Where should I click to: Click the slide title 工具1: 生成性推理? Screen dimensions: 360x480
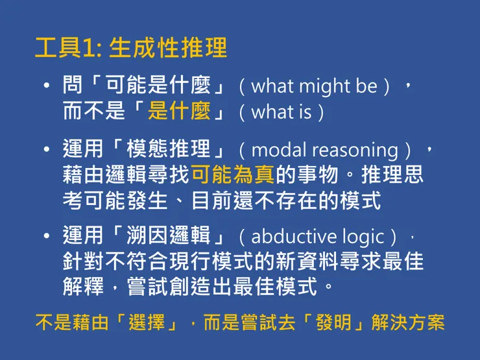131,48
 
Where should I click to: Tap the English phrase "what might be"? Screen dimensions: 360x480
314,86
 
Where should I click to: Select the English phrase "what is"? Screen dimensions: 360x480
281,112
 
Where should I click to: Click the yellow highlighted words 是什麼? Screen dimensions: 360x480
179,111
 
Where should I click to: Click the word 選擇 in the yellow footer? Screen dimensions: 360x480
149,322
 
